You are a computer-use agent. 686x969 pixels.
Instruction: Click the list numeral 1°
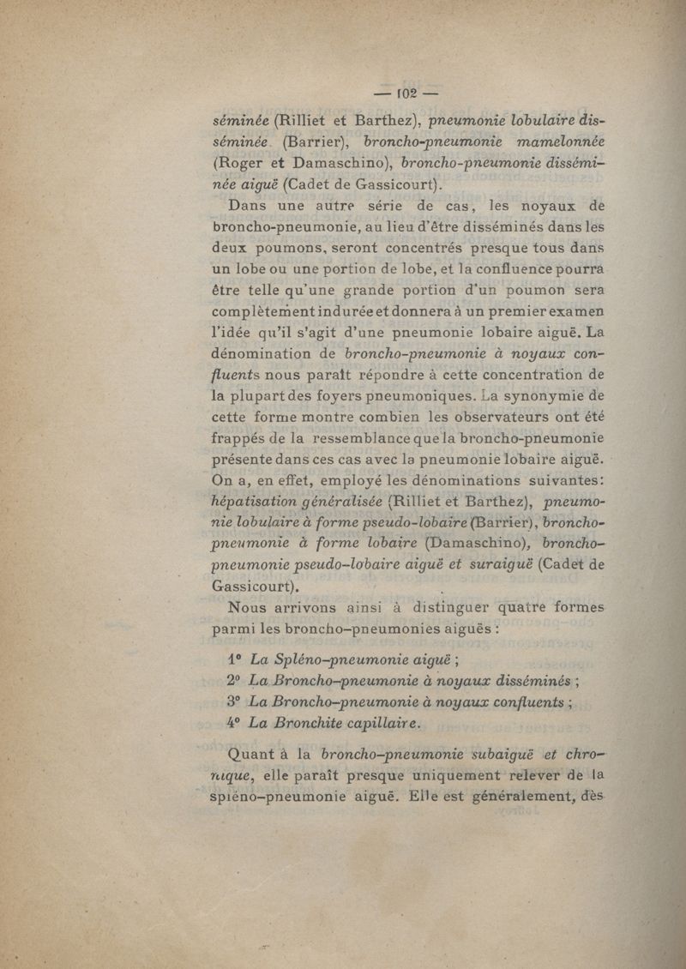[x=235, y=660]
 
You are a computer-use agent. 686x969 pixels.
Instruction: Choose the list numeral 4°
[x=235, y=722]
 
